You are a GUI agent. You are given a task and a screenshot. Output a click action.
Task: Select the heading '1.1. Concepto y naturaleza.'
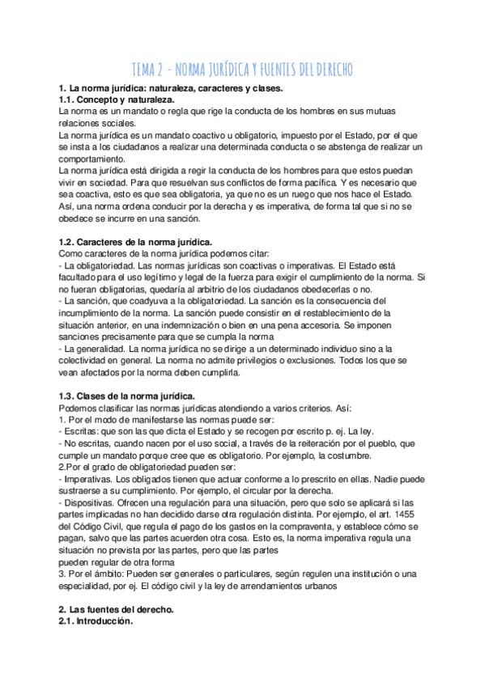[117, 98]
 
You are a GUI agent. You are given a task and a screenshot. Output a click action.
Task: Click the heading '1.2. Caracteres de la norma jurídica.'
[136, 242]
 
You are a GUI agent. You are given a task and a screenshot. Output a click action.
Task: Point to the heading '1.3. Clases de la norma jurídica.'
[127, 395]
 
